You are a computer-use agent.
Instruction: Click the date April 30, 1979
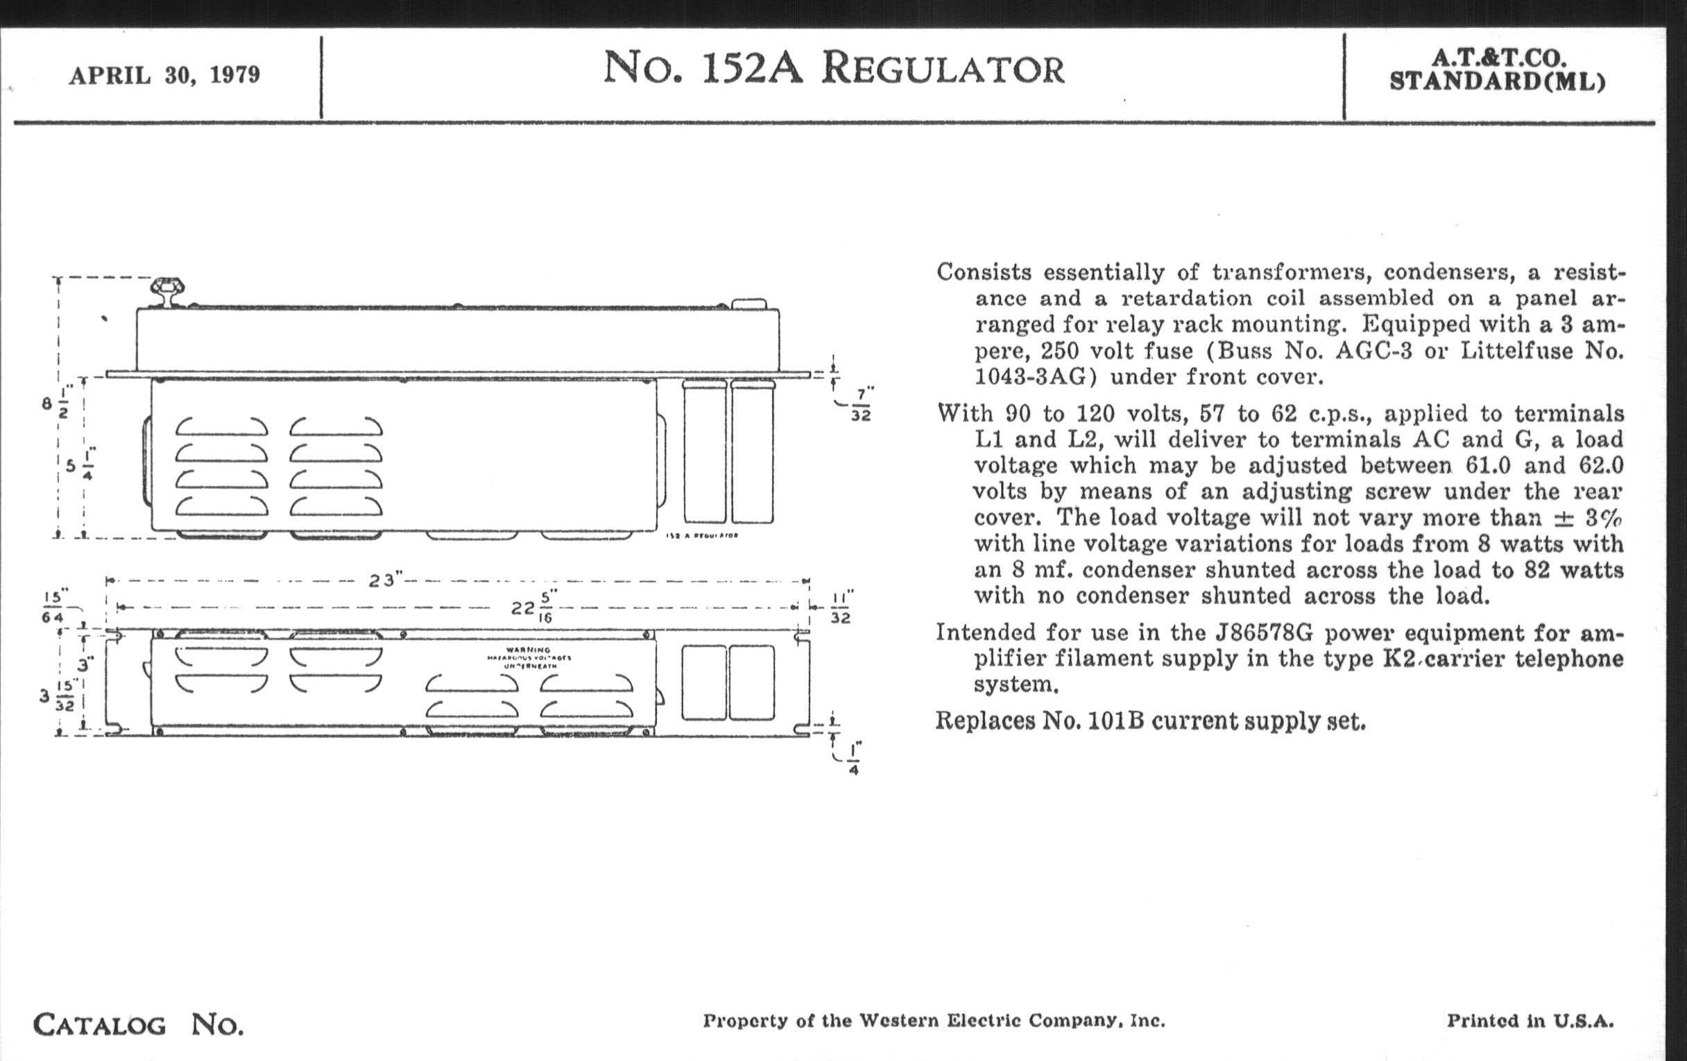pyautogui.click(x=164, y=75)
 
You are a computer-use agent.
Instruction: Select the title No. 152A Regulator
pyautogui.click(x=834, y=69)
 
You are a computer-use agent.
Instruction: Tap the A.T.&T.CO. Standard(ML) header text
pyautogui.click(x=1498, y=70)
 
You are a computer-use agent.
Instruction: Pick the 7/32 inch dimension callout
pyautogui.click(x=861, y=406)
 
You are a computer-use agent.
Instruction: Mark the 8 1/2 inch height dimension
pyautogui.click(x=55, y=406)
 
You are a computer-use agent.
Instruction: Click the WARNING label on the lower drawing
pyautogui.click(x=529, y=650)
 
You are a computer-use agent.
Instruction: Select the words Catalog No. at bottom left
pyautogui.click(x=138, y=1024)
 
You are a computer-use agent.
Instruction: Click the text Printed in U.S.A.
pyautogui.click(x=1530, y=1021)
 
